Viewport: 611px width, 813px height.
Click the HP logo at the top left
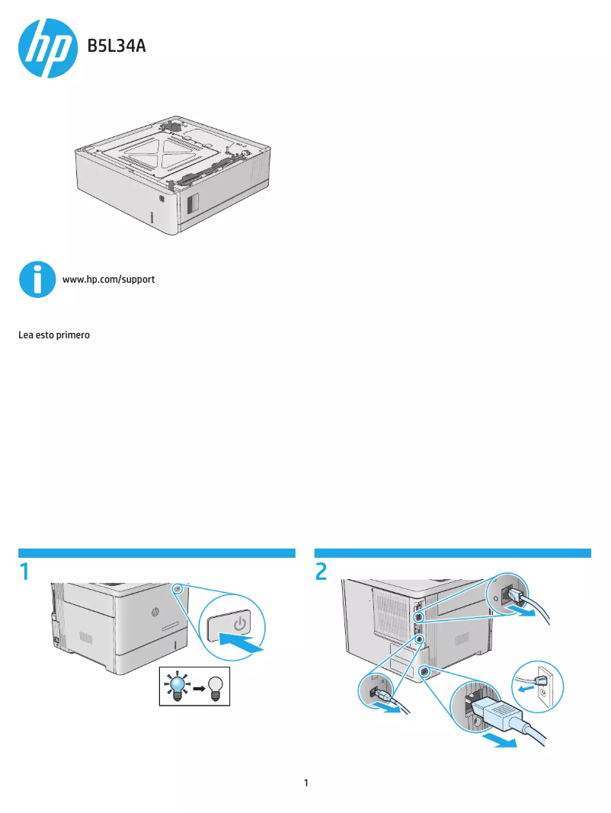[x=47, y=48]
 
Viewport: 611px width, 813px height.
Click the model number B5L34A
[x=116, y=47]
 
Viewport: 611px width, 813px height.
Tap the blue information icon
[x=37, y=280]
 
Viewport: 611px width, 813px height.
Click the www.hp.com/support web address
[x=108, y=280]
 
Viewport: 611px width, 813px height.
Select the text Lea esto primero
[x=54, y=334]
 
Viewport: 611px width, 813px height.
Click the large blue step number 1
[x=25, y=571]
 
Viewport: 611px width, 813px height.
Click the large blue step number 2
[x=321, y=571]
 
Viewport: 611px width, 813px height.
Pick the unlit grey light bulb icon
[x=216, y=686]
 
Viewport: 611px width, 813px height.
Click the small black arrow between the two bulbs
[x=197, y=687]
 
